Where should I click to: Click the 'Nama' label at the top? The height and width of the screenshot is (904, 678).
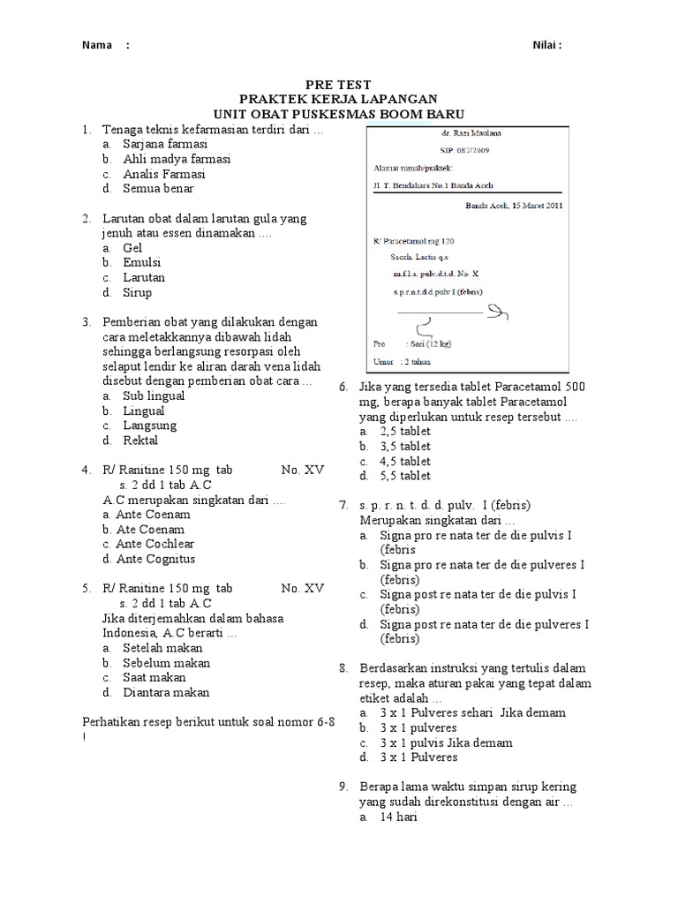coord(96,46)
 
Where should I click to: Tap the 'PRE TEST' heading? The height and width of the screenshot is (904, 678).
coord(339,85)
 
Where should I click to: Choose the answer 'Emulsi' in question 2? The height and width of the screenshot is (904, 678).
coord(142,263)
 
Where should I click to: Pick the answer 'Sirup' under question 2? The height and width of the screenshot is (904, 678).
coord(138,292)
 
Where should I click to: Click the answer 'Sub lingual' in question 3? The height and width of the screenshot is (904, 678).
coord(154,395)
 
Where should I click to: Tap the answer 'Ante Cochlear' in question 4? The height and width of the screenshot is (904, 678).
coord(155,544)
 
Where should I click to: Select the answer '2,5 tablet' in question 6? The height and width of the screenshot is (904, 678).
coord(405,432)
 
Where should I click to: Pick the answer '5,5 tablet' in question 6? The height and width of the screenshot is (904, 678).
coord(405,476)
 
